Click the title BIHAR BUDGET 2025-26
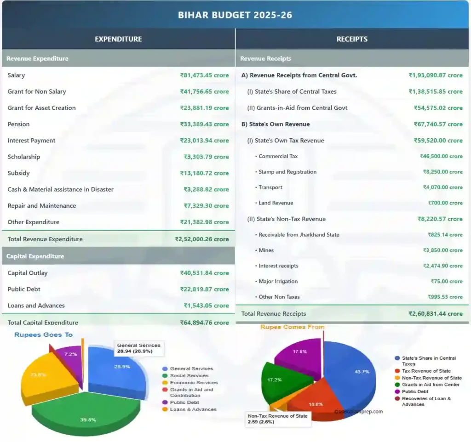[235, 15]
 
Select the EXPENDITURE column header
[118, 39]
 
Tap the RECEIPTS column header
[352, 39]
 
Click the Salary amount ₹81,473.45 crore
[204, 75]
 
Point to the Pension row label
[18, 124]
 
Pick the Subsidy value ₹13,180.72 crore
[204, 173]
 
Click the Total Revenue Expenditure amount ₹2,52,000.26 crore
[201, 239]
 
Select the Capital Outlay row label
[28, 273]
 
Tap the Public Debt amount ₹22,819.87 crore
[204, 289]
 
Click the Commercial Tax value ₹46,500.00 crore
[441, 156]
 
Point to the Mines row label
[266, 250]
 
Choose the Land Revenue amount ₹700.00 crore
[445, 203]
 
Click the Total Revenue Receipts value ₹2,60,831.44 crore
[435, 314]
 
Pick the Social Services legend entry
[189, 376]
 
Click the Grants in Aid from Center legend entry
[431, 385]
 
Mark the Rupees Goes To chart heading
[43, 334]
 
